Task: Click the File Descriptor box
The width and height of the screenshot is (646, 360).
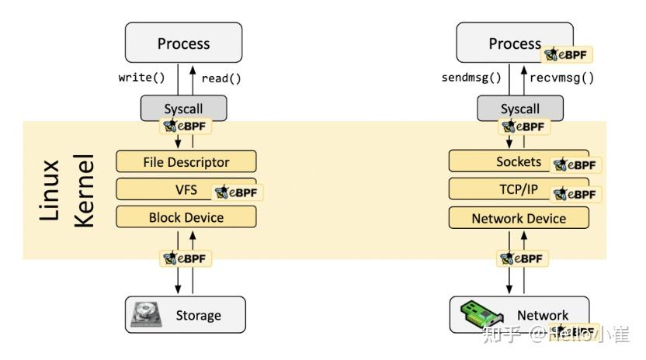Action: (186, 162)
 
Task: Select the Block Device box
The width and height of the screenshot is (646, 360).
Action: (186, 217)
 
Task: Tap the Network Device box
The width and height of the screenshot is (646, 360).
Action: (519, 218)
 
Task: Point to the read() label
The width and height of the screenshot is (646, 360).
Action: (221, 78)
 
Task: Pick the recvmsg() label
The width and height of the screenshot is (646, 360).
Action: (562, 78)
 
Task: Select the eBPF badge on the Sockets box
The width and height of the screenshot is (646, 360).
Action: (576, 165)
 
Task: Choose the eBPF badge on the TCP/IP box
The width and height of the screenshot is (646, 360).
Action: (576, 193)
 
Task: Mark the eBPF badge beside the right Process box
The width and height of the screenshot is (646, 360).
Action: (568, 54)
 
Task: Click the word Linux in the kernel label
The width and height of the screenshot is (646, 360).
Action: (50, 190)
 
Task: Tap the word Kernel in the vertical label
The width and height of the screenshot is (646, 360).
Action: (83, 190)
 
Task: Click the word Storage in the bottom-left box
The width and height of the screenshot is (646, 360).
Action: (198, 315)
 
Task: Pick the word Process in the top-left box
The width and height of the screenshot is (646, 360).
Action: (184, 43)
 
